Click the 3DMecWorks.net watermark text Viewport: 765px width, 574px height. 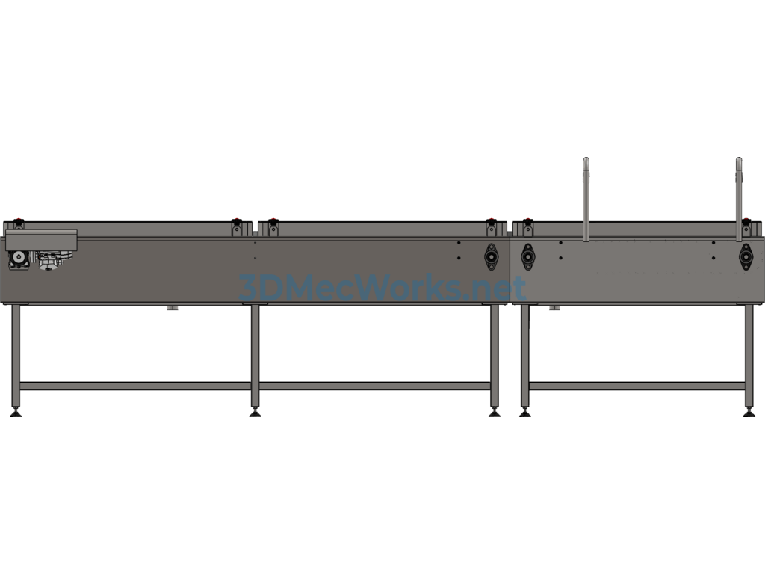click(382, 288)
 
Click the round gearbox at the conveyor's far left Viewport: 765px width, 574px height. click(19, 259)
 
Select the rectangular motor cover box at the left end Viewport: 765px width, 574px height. click(42, 240)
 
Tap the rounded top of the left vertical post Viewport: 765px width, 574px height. click(586, 161)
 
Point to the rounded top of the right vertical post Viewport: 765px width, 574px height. click(739, 161)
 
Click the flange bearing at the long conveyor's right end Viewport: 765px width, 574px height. click(492, 256)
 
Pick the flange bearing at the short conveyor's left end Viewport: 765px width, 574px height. click(528, 256)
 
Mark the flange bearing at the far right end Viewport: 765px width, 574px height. click(746, 256)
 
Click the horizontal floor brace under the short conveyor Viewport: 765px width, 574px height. click(637, 386)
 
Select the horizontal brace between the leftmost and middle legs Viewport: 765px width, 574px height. click(135, 386)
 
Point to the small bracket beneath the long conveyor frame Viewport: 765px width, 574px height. click(173, 307)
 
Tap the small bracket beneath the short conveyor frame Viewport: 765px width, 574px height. click(555, 307)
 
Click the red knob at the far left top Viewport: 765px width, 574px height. click(19, 220)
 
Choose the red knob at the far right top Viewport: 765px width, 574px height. click(746, 220)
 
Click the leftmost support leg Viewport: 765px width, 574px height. click(16, 356)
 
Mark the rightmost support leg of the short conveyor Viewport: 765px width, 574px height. click(749, 356)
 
